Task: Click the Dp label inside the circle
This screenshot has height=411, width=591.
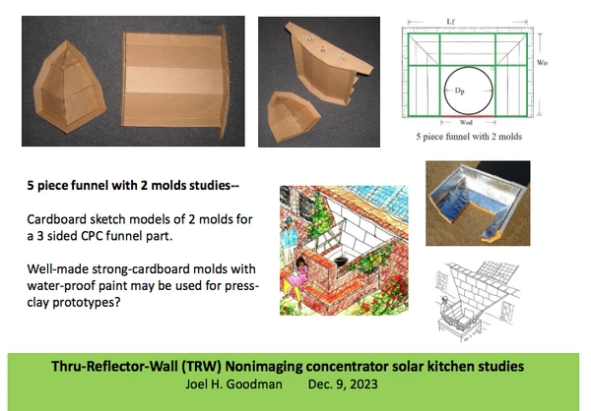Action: pyautogui.click(x=459, y=91)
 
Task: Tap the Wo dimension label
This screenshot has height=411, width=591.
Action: pyautogui.click(x=542, y=63)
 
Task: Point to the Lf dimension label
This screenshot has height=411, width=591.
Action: pyautogui.click(x=451, y=22)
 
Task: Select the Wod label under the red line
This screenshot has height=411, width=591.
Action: pyautogui.click(x=466, y=123)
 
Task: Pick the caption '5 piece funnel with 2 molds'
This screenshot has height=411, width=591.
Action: pyautogui.click(x=469, y=137)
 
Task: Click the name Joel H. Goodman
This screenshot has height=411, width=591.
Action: pyautogui.click(x=233, y=384)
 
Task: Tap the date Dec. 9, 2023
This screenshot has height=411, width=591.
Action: pyautogui.click(x=343, y=384)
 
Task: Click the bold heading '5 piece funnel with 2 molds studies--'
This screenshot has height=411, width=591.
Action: pyautogui.click(x=133, y=186)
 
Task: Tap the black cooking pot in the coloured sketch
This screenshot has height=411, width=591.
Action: pyautogui.click(x=341, y=261)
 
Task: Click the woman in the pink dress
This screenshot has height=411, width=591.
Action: pyautogui.click(x=295, y=278)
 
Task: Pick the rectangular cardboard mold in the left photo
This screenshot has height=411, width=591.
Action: pyautogui.click(x=175, y=81)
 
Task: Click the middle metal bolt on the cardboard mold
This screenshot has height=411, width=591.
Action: pyautogui.click(x=323, y=49)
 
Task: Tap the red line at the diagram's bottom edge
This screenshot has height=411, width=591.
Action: pyautogui.click(x=468, y=117)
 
